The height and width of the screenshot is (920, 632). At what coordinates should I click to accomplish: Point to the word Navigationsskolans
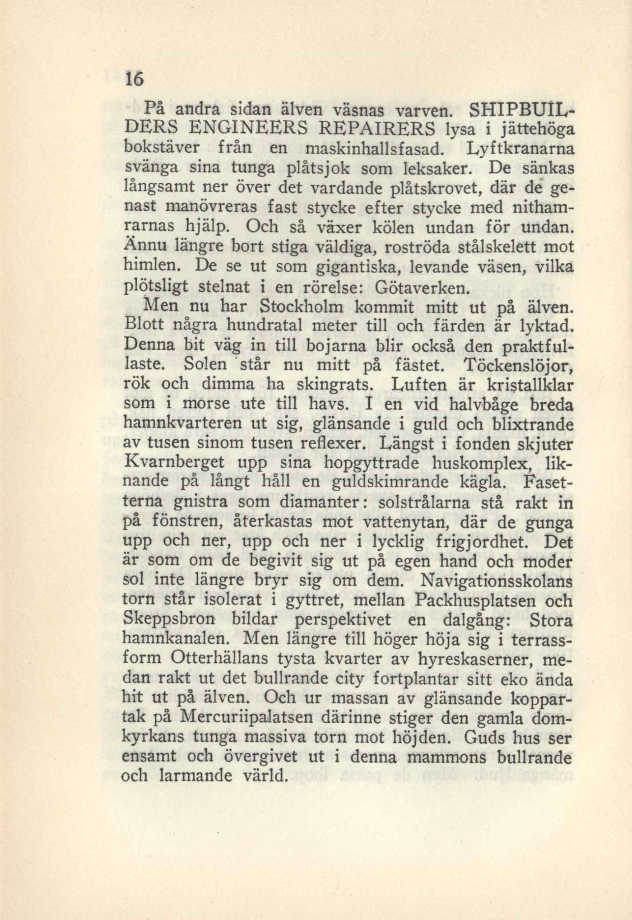click(x=496, y=580)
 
